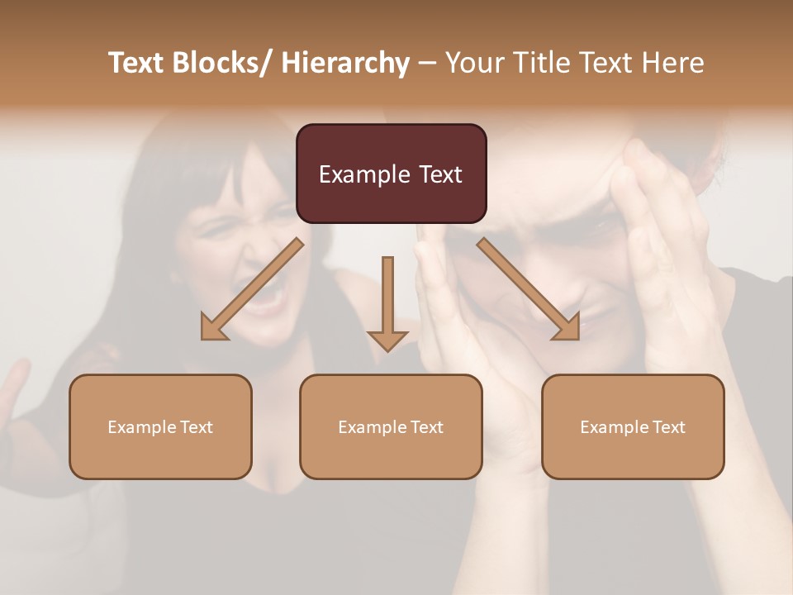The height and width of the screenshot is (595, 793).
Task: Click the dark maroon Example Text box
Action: (391, 174)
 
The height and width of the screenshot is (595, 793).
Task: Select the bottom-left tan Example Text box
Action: (160, 426)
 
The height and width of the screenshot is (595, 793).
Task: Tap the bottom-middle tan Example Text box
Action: (391, 426)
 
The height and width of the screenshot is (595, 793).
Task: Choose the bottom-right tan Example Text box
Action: (633, 426)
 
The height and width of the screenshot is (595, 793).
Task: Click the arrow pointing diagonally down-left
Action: (252, 289)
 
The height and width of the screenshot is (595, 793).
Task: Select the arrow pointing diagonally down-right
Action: (529, 289)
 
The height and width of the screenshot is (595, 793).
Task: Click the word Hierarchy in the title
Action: (345, 63)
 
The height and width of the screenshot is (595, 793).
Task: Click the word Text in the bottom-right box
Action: (668, 427)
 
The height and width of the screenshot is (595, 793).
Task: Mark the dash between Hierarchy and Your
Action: (427, 63)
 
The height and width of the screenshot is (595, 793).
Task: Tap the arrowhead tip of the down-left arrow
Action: (203, 337)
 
